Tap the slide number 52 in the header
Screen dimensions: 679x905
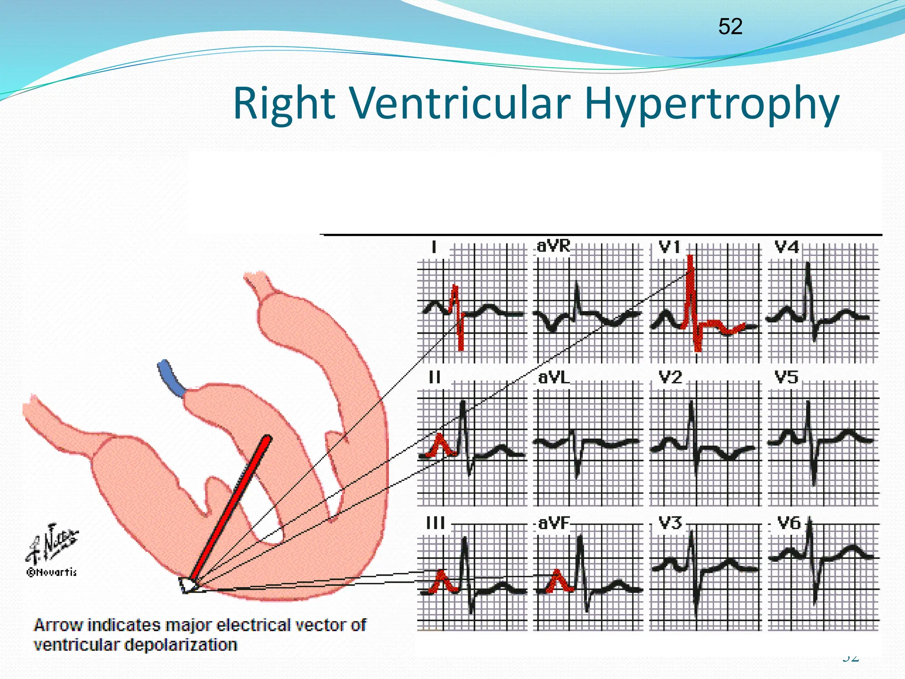coord(730,27)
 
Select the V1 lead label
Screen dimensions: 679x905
coord(669,247)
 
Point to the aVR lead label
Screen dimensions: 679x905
coord(553,246)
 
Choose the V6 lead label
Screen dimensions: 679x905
coord(789,523)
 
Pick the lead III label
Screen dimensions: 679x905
coord(435,523)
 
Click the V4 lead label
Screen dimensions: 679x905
coord(787,247)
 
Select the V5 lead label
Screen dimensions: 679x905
coord(787,378)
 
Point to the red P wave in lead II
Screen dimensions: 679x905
coord(440,445)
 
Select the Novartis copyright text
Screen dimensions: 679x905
coord(52,572)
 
